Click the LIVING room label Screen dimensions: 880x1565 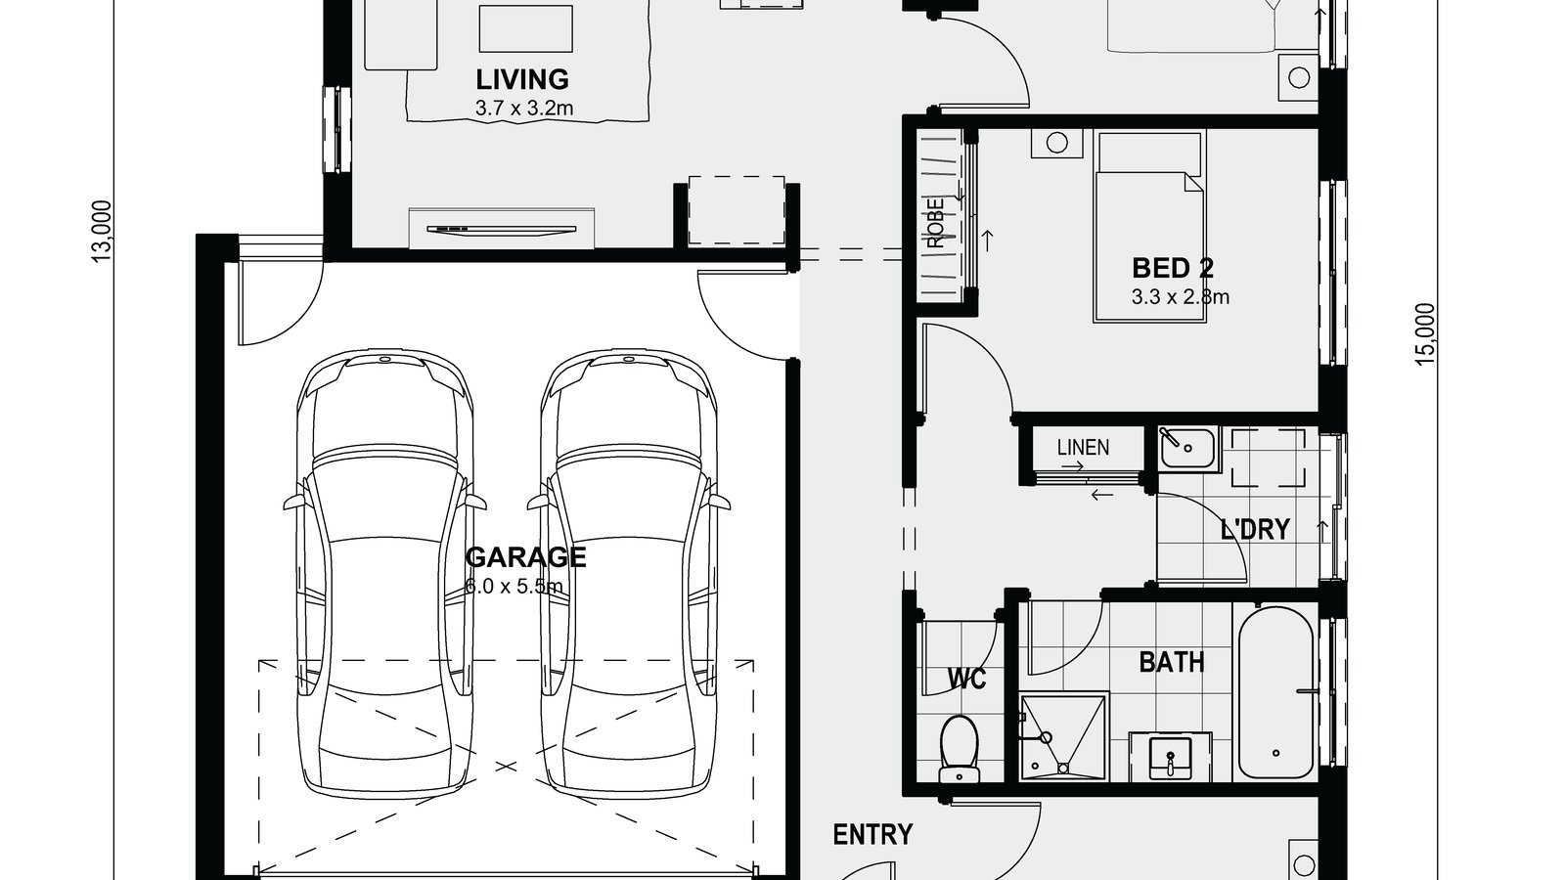click(521, 78)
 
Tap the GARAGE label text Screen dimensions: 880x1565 click(525, 557)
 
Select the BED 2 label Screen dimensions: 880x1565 click(1173, 268)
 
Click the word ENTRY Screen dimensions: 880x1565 click(872, 834)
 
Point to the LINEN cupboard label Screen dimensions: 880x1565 click(1083, 448)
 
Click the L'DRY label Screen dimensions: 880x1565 click(1255, 529)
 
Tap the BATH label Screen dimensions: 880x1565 click(1171, 662)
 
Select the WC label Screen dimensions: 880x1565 click(966, 678)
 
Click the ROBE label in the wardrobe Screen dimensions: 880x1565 click(938, 223)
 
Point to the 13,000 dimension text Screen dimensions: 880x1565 click(102, 232)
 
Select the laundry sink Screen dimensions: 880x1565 click(1187, 449)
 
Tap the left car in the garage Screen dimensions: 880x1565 click(385, 572)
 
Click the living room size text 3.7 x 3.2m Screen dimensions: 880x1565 click(523, 109)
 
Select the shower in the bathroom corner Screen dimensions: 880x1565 click(1063, 736)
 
